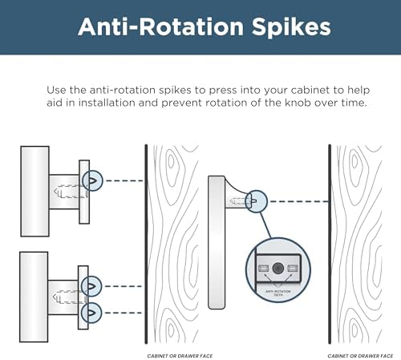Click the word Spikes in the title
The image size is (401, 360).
coord(291,27)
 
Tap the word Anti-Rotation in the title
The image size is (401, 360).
coord(160,26)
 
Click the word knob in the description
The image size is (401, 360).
coord(298,103)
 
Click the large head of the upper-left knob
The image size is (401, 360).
coord(34,192)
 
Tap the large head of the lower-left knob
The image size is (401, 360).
coord(34,297)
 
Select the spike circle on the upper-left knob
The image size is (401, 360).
coord(92,180)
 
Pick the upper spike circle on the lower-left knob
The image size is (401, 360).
coord(91,286)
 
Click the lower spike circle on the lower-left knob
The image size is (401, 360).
coord(91,313)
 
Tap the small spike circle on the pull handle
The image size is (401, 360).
coord(256,201)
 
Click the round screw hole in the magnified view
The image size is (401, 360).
coord(278,268)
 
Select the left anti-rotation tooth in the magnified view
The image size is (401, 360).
coord(263,268)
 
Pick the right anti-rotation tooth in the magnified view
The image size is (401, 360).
coord(293,268)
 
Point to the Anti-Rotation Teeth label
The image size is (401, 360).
coord(278,293)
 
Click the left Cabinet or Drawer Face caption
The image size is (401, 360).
coord(180,356)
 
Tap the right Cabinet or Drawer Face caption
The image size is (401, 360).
coord(360,356)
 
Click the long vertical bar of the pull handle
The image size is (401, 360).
coord(217,242)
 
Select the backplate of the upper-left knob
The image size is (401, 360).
coord(84,192)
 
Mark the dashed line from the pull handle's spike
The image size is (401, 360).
coord(299,201)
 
